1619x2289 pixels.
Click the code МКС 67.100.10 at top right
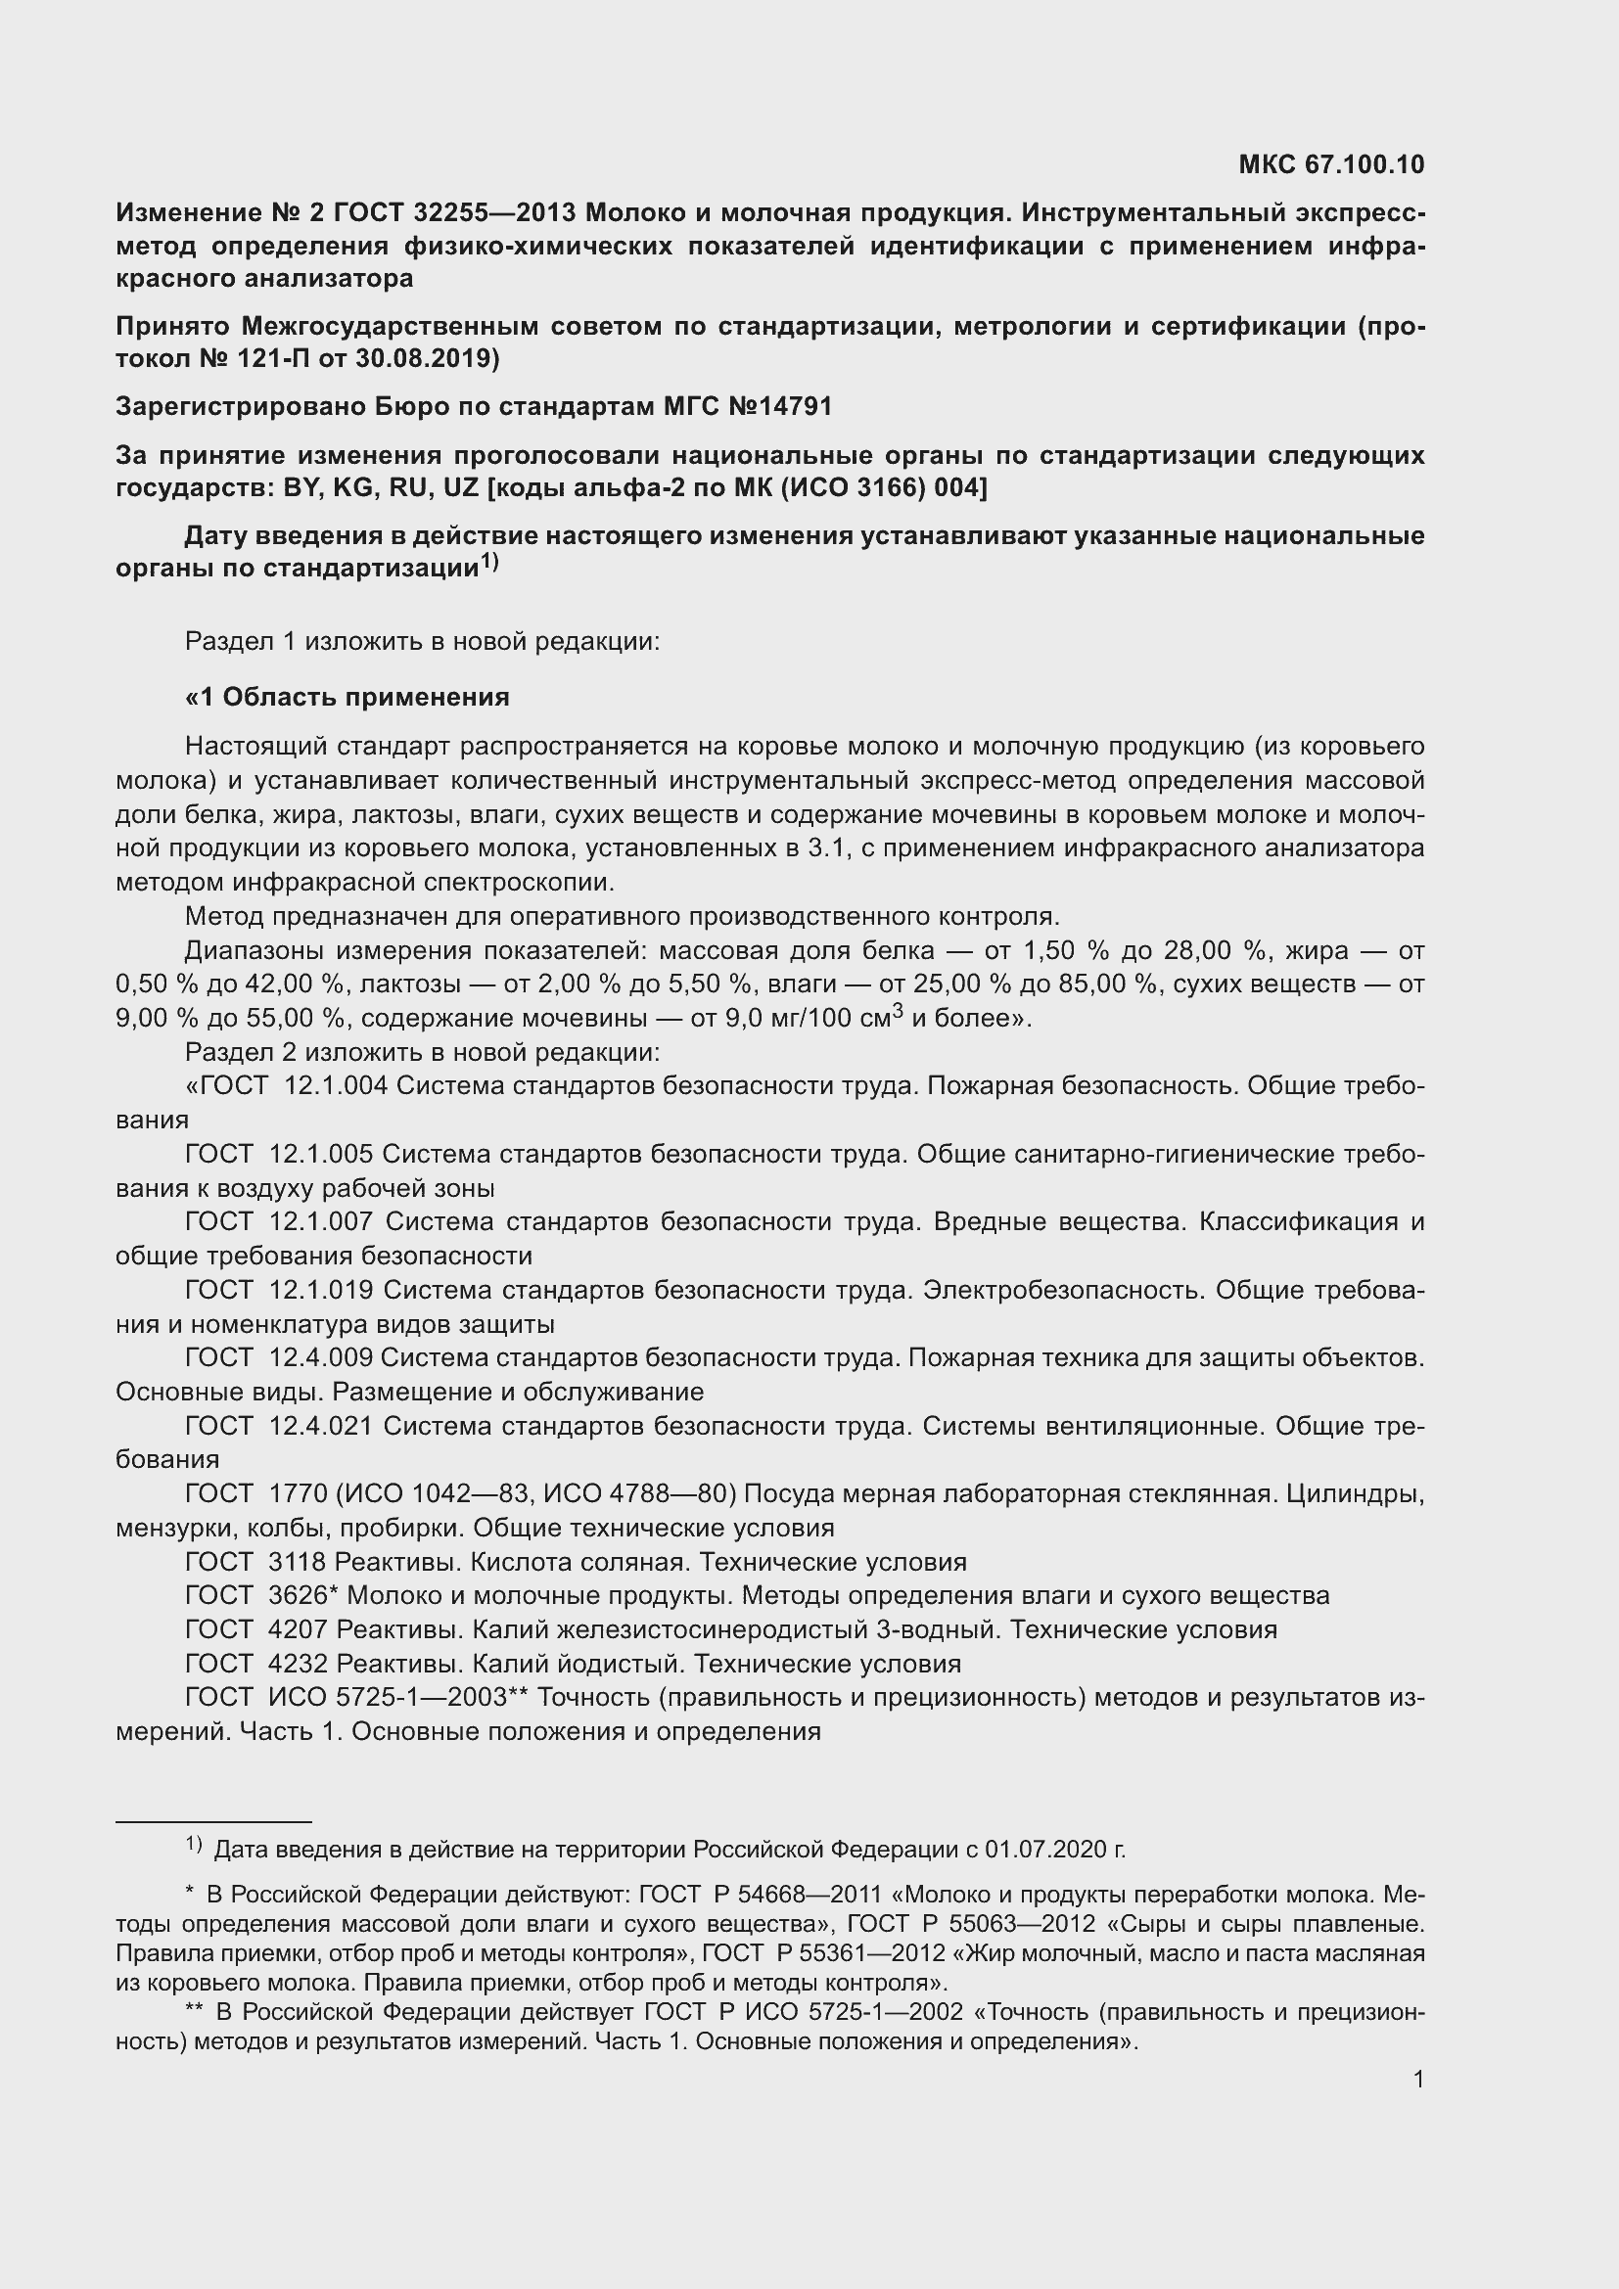pyautogui.click(x=1331, y=164)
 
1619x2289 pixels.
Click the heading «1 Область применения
pyautogui.click(x=347, y=697)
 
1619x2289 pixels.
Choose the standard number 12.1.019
pyautogui.click(x=321, y=1290)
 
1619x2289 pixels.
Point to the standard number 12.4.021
pyautogui.click(x=321, y=1427)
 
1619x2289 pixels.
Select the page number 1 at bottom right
pyautogui.click(x=1418, y=2079)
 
